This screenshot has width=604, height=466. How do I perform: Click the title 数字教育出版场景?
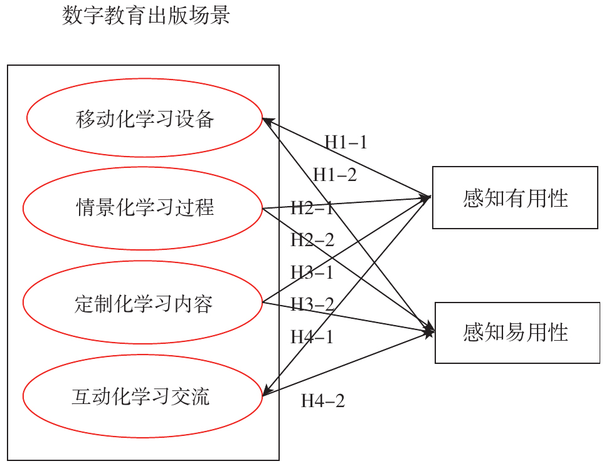coord(146,16)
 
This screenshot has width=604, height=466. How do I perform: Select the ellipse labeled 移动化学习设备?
coord(144,118)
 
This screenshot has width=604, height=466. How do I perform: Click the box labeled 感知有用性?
coord(514,198)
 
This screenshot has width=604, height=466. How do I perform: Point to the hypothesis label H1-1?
coord(346,142)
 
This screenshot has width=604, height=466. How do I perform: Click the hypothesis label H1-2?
coord(335,175)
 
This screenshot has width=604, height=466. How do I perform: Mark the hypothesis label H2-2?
coord(312,240)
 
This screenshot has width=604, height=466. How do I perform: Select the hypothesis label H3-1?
coord(312,272)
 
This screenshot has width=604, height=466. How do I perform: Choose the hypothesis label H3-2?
coord(312,305)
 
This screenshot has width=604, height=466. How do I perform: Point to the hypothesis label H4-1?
coord(312,337)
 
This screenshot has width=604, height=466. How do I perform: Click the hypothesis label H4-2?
coord(323,401)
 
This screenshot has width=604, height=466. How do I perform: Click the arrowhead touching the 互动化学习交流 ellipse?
coord(266,393)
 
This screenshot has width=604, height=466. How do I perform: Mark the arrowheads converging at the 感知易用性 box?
coord(429,331)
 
